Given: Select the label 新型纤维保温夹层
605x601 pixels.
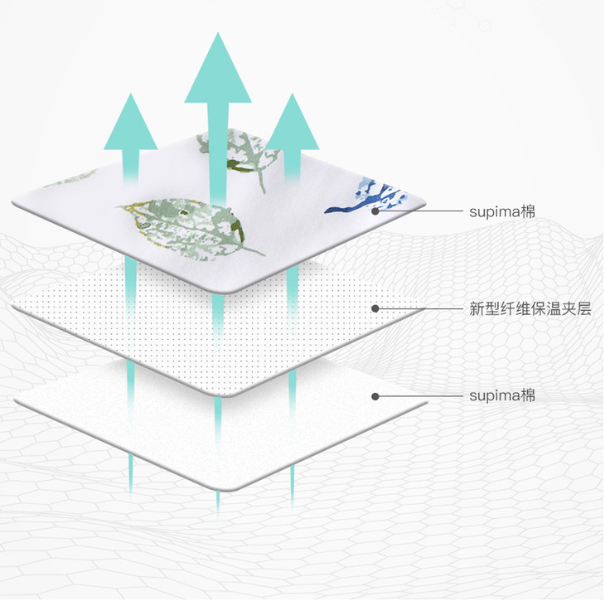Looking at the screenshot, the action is [530, 309].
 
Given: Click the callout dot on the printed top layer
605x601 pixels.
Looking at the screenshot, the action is [375, 211].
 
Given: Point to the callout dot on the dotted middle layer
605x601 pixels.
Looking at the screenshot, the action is [375, 308].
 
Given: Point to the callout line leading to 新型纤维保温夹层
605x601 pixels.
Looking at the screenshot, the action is [423, 308].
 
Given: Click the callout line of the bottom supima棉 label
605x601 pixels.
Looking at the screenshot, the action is [423, 395].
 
